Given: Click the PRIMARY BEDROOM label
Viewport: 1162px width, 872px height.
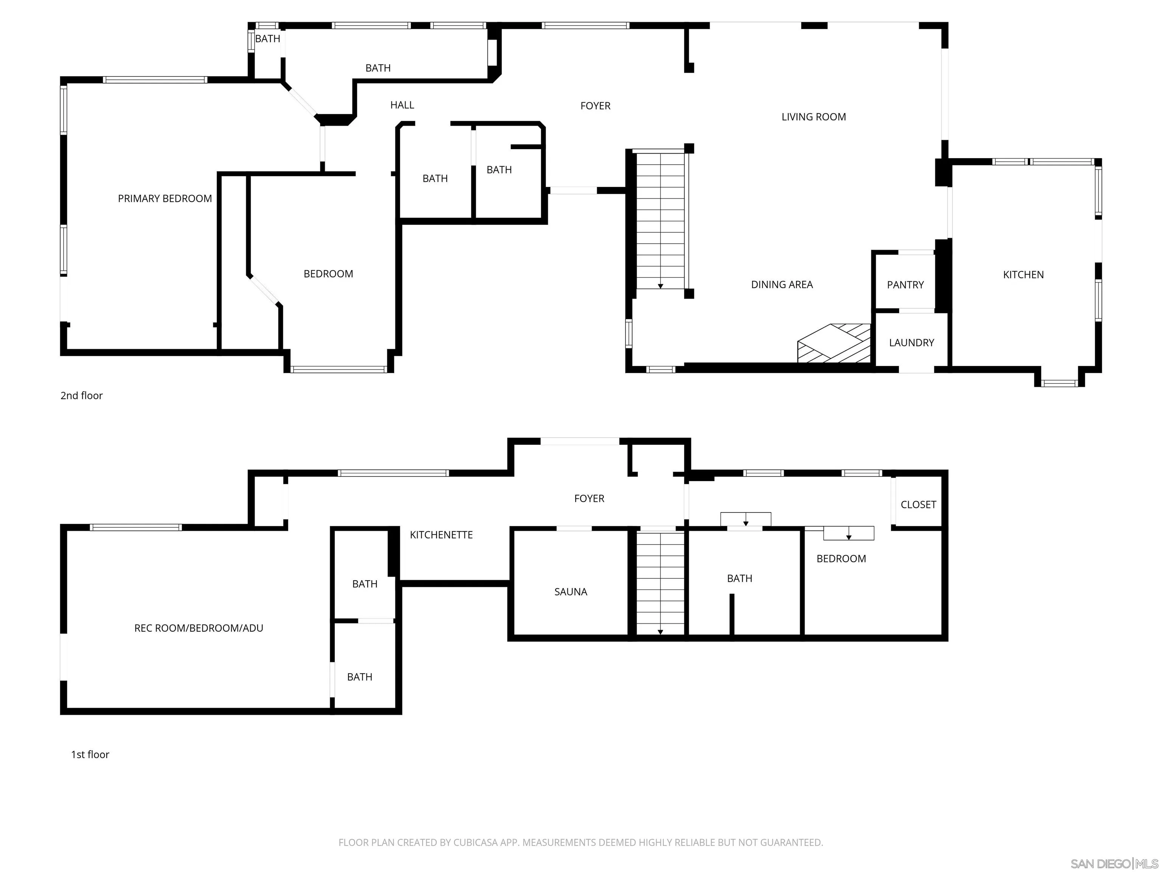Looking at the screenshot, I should point(165,199).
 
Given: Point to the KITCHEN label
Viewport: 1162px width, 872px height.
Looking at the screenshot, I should point(1023,275).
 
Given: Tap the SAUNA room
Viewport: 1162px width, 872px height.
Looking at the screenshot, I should point(570,592).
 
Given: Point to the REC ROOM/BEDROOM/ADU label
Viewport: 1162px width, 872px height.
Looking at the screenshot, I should point(198,628).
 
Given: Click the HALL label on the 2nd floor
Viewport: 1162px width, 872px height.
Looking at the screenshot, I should point(402,105).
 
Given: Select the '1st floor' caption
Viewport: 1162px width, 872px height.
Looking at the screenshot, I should point(90,755).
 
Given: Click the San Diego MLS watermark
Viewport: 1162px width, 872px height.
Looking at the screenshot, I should point(1114,864).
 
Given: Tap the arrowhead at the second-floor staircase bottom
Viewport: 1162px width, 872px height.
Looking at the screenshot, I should point(660,286).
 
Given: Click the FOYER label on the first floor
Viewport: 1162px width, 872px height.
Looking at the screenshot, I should point(589,498).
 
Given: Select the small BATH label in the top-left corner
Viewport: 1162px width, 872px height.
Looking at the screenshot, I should point(267,39).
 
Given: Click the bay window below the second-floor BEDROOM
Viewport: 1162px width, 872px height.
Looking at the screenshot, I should point(339,369).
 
